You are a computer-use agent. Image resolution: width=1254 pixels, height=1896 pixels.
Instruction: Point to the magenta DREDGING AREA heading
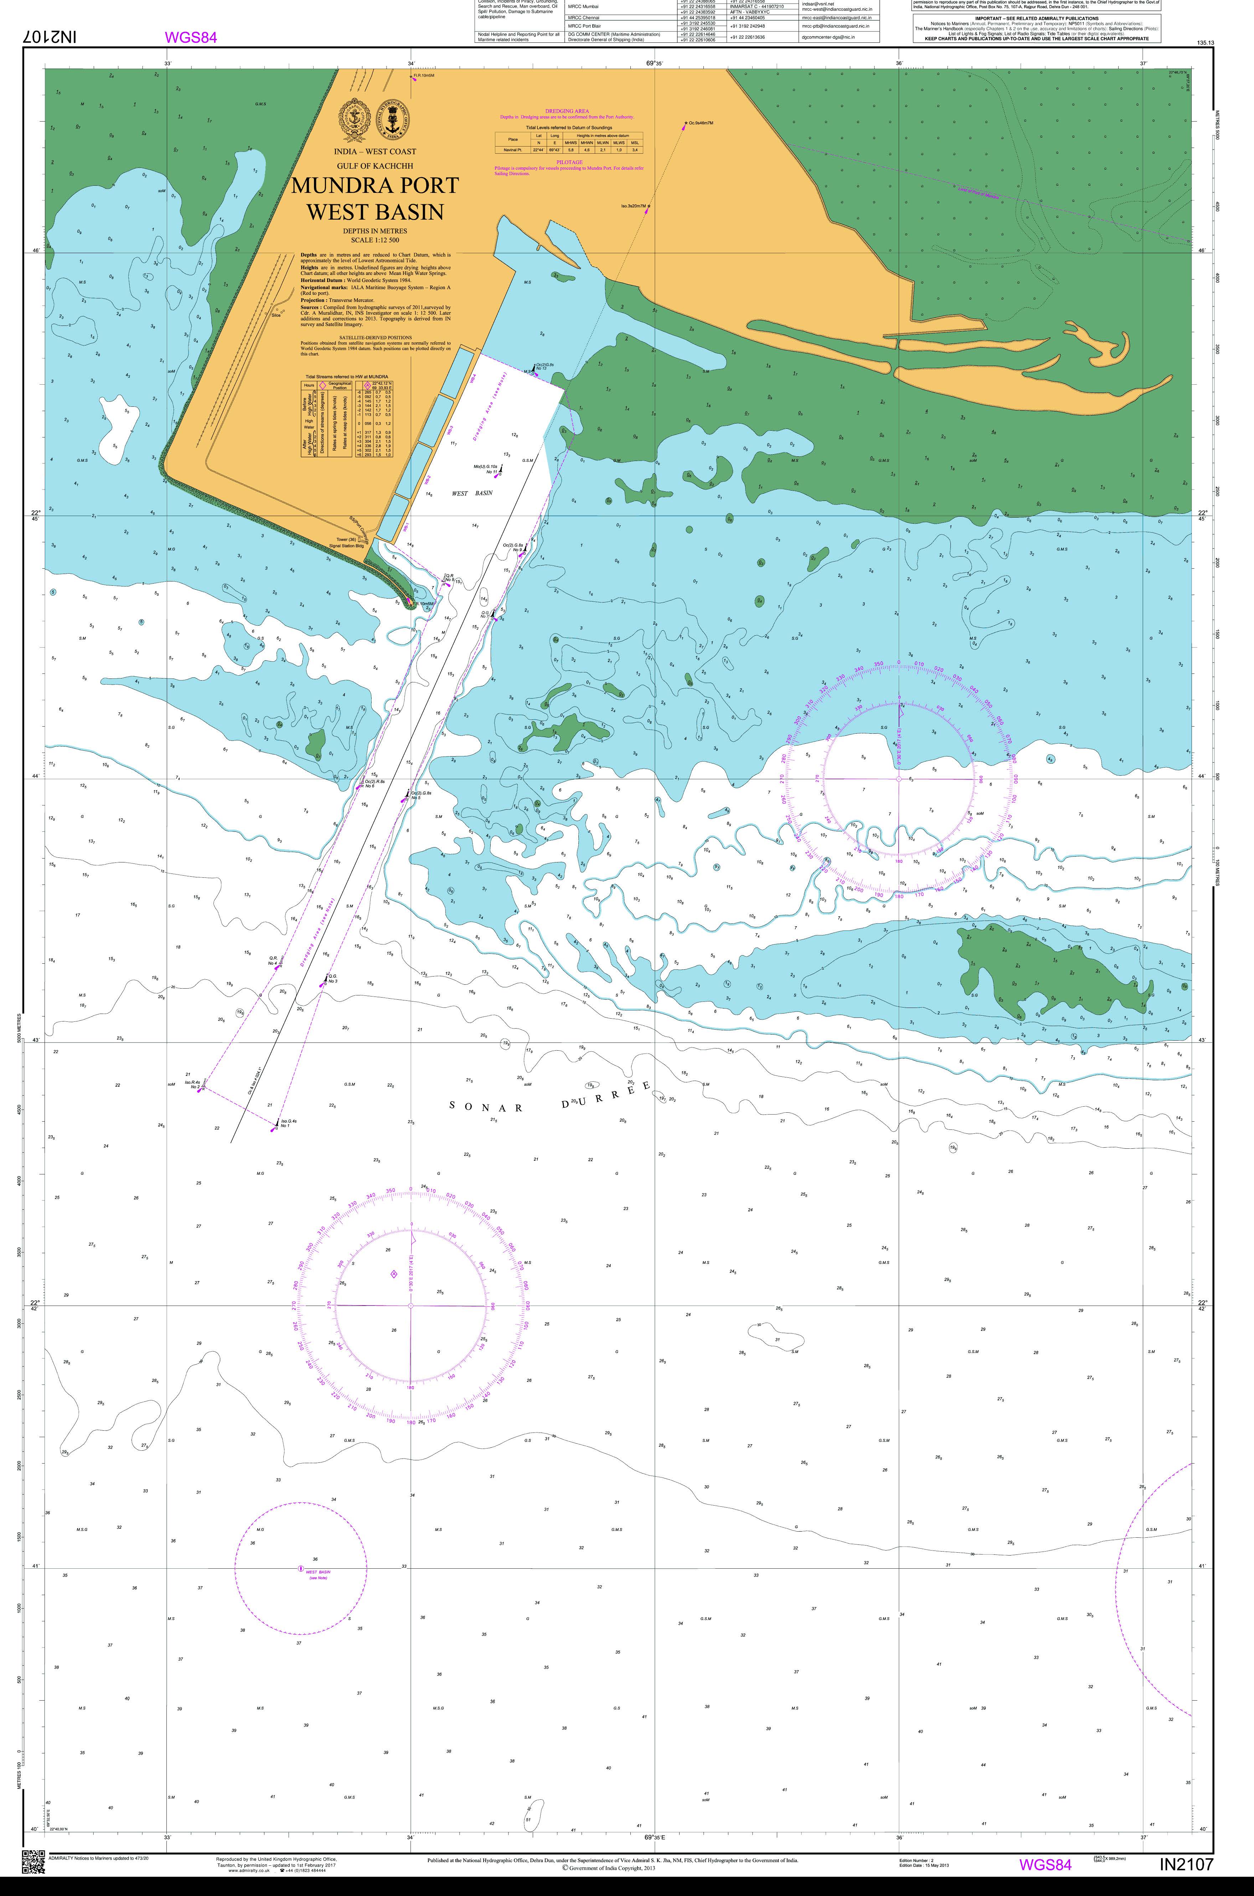click(x=567, y=111)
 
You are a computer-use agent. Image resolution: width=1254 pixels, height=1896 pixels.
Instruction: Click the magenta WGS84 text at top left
click(x=190, y=37)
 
